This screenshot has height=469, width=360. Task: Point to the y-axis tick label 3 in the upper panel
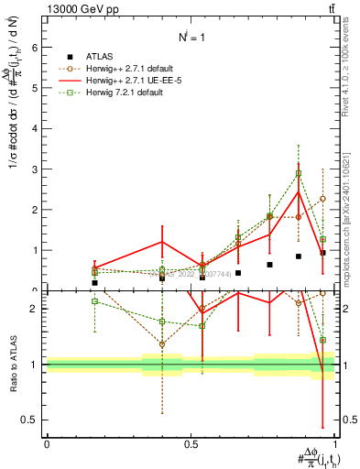34,169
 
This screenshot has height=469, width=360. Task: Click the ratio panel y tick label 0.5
29,420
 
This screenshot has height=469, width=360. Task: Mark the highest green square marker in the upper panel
299,173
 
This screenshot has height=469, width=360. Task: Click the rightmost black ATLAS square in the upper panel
322,253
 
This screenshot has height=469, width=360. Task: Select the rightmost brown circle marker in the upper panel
322,198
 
